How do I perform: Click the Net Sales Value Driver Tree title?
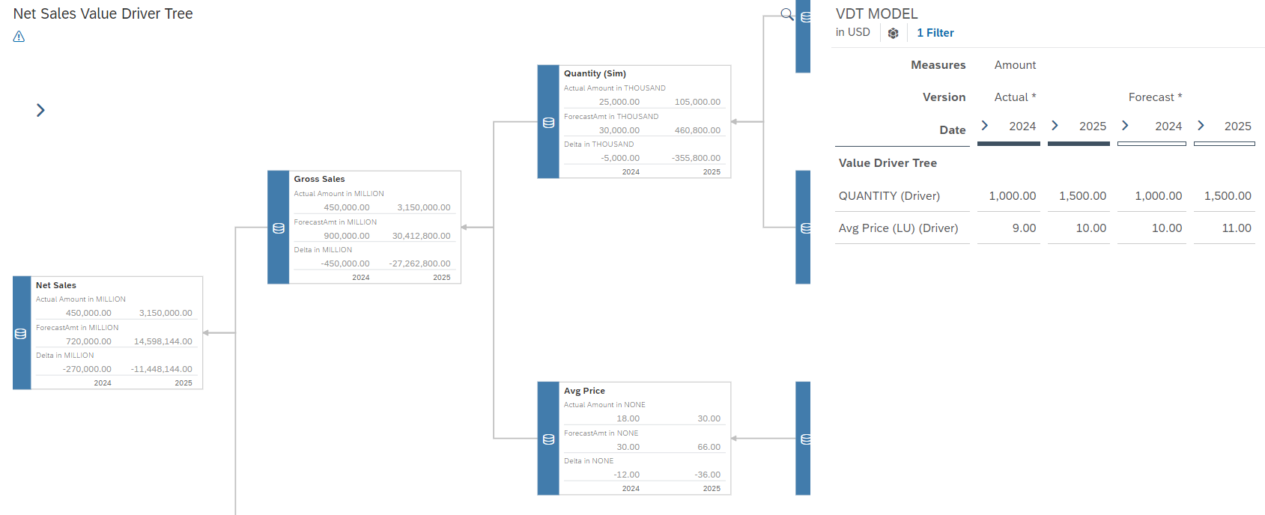pyautogui.click(x=103, y=13)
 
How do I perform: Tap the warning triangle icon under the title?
pyautogui.click(x=19, y=37)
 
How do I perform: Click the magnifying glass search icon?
pyautogui.click(x=786, y=13)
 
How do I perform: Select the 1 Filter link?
pyautogui.click(x=935, y=33)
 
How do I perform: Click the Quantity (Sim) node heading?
pyautogui.click(x=595, y=73)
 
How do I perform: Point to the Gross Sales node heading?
pyautogui.click(x=319, y=179)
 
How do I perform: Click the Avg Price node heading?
pyautogui.click(x=584, y=391)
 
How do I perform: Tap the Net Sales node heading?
pyautogui.click(x=56, y=285)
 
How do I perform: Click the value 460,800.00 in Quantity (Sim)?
pyautogui.click(x=697, y=130)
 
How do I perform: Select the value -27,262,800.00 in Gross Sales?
pyautogui.click(x=419, y=263)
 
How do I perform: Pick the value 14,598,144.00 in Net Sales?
pyautogui.click(x=163, y=341)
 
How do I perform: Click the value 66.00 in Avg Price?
pyautogui.click(x=709, y=447)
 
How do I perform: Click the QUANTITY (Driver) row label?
pyautogui.click(x=889, y=196)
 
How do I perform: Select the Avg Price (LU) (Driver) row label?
pyautogui.click(x=898, y=228)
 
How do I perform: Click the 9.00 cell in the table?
pyautogui.click(x=1024, y=228)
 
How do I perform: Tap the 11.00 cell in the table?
pyautogui.click(x=1236, y=228)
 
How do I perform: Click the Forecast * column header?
pyautogui.click(x=1155, y=97)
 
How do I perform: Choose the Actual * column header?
pyautogui.click(x=1015, y=97)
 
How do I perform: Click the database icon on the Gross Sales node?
pyautogui.click(x=279, y=228)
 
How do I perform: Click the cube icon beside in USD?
pyautogui.click(x=893, y=33)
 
